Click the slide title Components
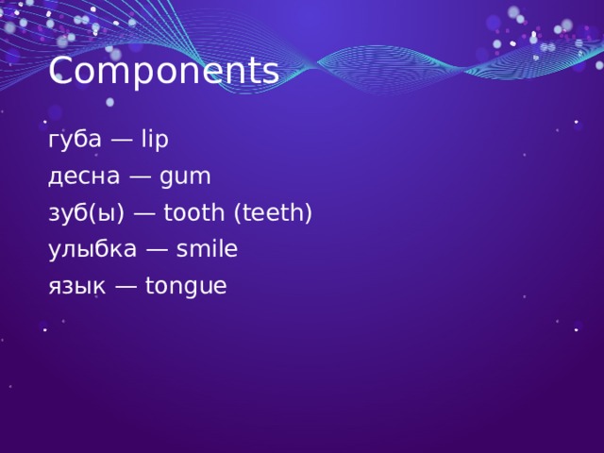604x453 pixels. (163, 71)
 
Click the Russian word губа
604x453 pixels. (75, 140)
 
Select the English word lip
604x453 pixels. (154, 140)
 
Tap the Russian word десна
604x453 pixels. (82, 176)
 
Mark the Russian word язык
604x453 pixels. (75, 287)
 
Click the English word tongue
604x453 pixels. (186, 287)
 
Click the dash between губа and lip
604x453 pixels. (122, 140)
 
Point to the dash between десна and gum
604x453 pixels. (137, 176)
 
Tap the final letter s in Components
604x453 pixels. (271, 73)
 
